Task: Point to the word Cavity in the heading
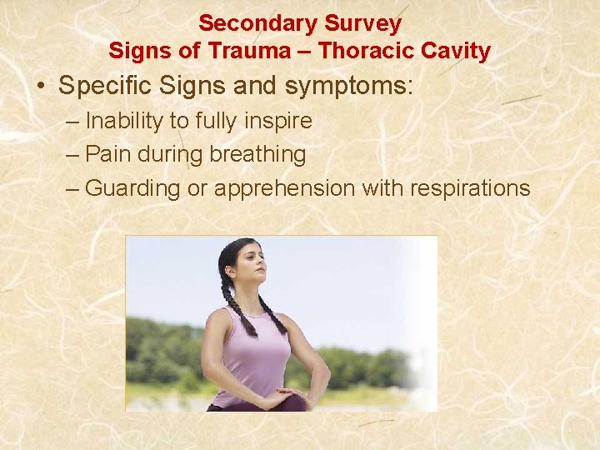457,52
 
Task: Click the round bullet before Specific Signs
41,87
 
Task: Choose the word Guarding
132,188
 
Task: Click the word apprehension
284,189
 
